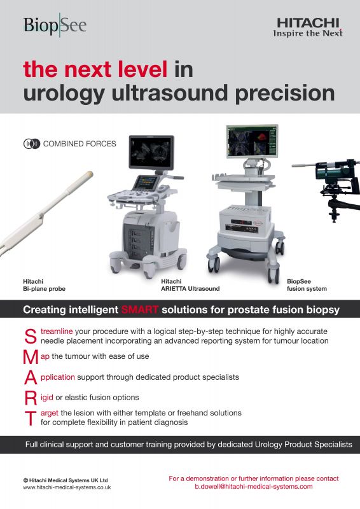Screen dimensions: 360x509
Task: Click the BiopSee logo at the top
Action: click(55, 25)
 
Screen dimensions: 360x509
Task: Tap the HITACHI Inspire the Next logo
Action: click(308, 27)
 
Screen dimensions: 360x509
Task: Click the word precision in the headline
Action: click(285, 93)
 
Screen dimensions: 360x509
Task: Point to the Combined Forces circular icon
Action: click(32, 144)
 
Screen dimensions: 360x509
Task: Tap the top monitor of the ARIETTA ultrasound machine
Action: click(151, 152)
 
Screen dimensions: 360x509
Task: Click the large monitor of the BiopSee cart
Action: click(252, 141)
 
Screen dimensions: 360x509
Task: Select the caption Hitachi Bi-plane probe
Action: click(44, 285)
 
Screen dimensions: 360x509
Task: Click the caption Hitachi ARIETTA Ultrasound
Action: click(190, 285)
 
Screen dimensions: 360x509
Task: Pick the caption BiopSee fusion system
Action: click(307, 285)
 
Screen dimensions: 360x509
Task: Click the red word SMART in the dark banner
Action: click(140, 310)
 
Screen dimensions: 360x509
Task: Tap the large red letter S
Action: click(31, 337)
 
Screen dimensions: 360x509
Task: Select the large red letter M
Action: click(31, 357)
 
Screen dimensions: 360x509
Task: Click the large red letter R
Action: click(31, 398)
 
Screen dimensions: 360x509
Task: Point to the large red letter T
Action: click(31, 418)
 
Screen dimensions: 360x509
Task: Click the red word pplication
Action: click(58, 377)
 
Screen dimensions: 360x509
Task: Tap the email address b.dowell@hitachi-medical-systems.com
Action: click(254, 487)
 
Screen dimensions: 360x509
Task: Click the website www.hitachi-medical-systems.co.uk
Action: click(67, 487)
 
